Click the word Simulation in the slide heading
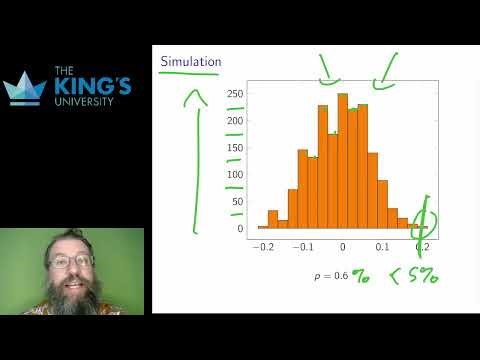190,62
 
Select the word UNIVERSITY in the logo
92,102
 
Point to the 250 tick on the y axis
235,94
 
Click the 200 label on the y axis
235,121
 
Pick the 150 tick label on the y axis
235,148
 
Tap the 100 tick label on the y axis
235,175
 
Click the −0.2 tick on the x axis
264,246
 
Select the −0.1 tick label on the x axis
303,246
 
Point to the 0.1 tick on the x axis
382,246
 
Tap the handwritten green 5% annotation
421,272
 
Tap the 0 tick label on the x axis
342,246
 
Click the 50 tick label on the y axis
237,202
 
